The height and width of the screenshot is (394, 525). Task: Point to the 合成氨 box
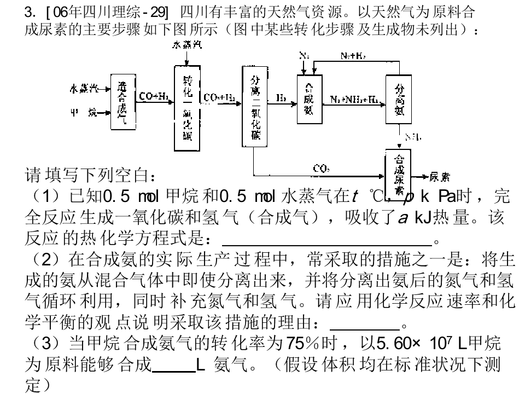[x=309, y=99]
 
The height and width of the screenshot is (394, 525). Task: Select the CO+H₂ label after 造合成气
[x=153, y=96]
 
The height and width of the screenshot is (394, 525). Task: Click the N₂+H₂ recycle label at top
[x=353, y=56]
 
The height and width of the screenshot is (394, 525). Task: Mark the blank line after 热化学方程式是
[x=327, y=240]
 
